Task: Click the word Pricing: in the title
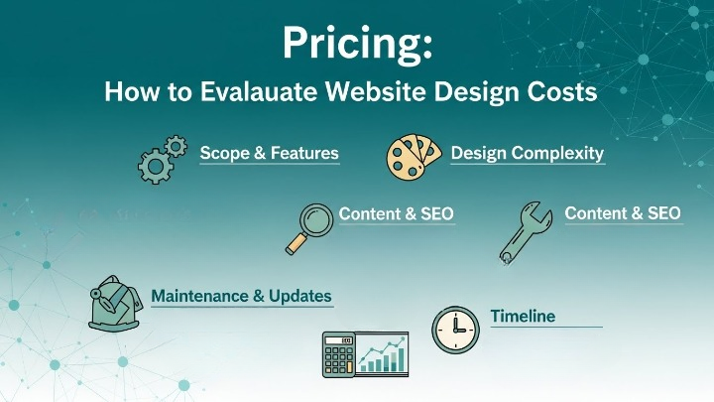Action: click(356, 43)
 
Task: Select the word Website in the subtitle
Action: click(376, 92)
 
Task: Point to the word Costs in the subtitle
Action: click(560, 92)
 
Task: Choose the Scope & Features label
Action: click(269, 154)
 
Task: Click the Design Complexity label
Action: click(527, 154)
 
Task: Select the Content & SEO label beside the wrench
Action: click(623, 213)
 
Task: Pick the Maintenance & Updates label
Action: click(241, 297)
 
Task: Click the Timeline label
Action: click(523, 317)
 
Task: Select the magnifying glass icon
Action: click(309, 226)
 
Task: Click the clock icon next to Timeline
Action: click(455, 328)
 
